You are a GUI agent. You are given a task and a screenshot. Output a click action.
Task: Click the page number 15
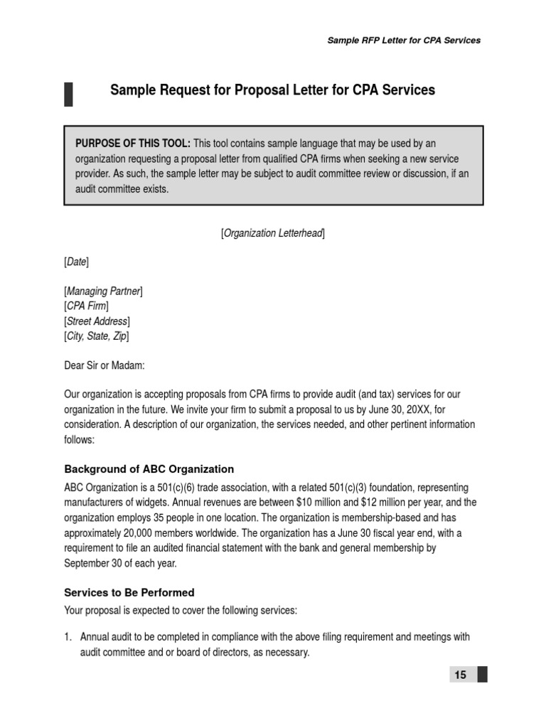tap(461, 675)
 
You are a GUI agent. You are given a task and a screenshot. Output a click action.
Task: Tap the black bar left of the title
tap(68, 94)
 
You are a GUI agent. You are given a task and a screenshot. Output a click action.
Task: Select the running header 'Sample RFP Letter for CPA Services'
tap(404, 41)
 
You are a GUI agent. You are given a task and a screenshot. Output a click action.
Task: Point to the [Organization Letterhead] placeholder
tap(273, 233)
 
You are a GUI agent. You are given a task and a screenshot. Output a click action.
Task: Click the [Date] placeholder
tap(77, 262)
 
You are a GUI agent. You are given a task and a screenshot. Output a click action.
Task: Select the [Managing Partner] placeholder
tap(104, 291)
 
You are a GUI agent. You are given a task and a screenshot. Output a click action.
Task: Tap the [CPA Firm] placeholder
tap(87, 306)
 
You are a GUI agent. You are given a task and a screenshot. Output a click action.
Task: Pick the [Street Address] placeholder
tap(97, 321)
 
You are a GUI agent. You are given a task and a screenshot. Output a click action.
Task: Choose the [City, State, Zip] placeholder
tap(97, 336)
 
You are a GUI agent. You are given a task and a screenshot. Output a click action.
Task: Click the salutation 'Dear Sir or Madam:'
tap(105, 365)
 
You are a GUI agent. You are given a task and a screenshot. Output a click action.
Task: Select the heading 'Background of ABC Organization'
tap(149, 469)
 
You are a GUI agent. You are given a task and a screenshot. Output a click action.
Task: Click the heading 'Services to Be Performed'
tap(129, 592)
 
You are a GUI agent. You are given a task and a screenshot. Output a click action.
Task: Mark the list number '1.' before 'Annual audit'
tap(69, 637)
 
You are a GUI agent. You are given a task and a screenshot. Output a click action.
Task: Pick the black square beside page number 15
tap(483, 675)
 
